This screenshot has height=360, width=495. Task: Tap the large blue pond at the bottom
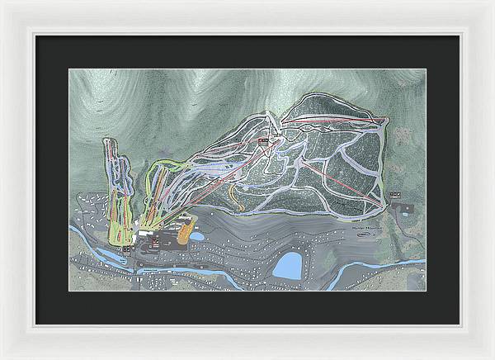click(x=288, y=266)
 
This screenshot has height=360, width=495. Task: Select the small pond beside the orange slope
click(x=197, y=236)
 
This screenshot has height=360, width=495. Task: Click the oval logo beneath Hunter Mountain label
click(x=365, y=234)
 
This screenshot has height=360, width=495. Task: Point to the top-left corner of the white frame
click(x=2, y=2)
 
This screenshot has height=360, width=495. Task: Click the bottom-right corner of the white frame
click(x=492, y=357)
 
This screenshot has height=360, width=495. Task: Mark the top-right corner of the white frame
click(x=492, y=2)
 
